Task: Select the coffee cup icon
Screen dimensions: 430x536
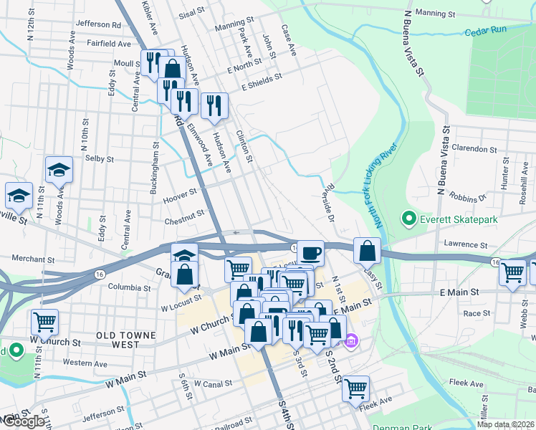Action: pos(310,253)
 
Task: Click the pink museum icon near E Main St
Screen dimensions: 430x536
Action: pos(350,341)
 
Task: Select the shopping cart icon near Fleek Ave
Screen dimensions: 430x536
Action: pos(355,388)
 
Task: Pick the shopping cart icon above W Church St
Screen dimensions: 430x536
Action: pos(44,322)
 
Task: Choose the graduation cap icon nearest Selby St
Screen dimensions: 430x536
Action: pos(59,170)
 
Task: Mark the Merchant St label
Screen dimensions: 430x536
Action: pos(33,259)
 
